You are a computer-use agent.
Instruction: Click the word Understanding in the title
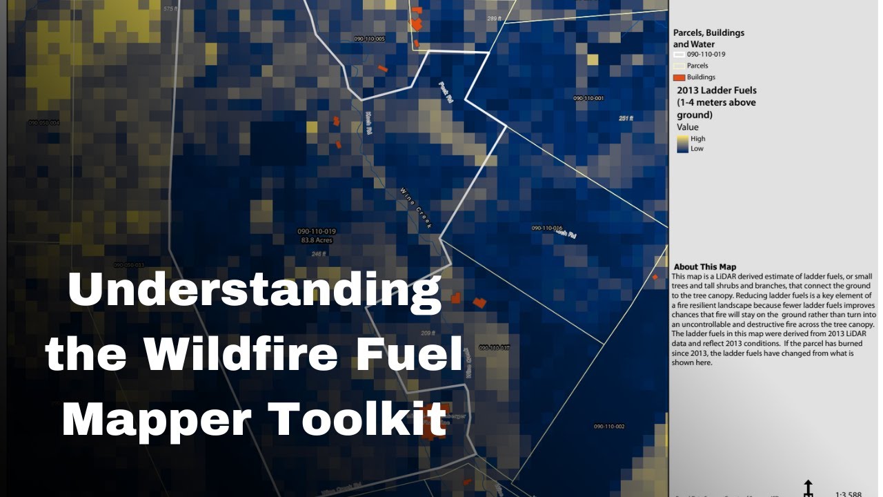pyautogui.click(x=255, y=291)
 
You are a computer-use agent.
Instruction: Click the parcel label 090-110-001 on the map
pyautogui.click(x=588, y=98)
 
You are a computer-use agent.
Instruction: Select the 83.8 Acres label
pyautogui.click(x=317, y=240)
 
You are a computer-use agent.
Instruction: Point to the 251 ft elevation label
pyautogui.click(x=626, y=119)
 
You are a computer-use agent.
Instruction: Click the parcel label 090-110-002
pyautogui.click(x=609, y=427)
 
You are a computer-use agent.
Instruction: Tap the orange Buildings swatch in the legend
pyautogui.click(x=679, y=77)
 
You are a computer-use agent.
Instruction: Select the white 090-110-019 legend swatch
pyautogui.click(x=679, y=54)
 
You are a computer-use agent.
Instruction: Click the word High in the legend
pyautogui.click(x=697, y=139)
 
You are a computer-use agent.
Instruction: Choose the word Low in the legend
pyautogui.click(x=697, y=148)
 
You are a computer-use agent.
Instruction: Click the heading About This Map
pyautogui.click(x=704, y=267)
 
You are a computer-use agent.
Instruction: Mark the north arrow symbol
pyautogui.click(x=808, y=487)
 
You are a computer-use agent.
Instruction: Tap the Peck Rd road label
pyautogui.click(x=445, y=92)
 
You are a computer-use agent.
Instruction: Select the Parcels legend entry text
pyautogui.click(x=697, y=66)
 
